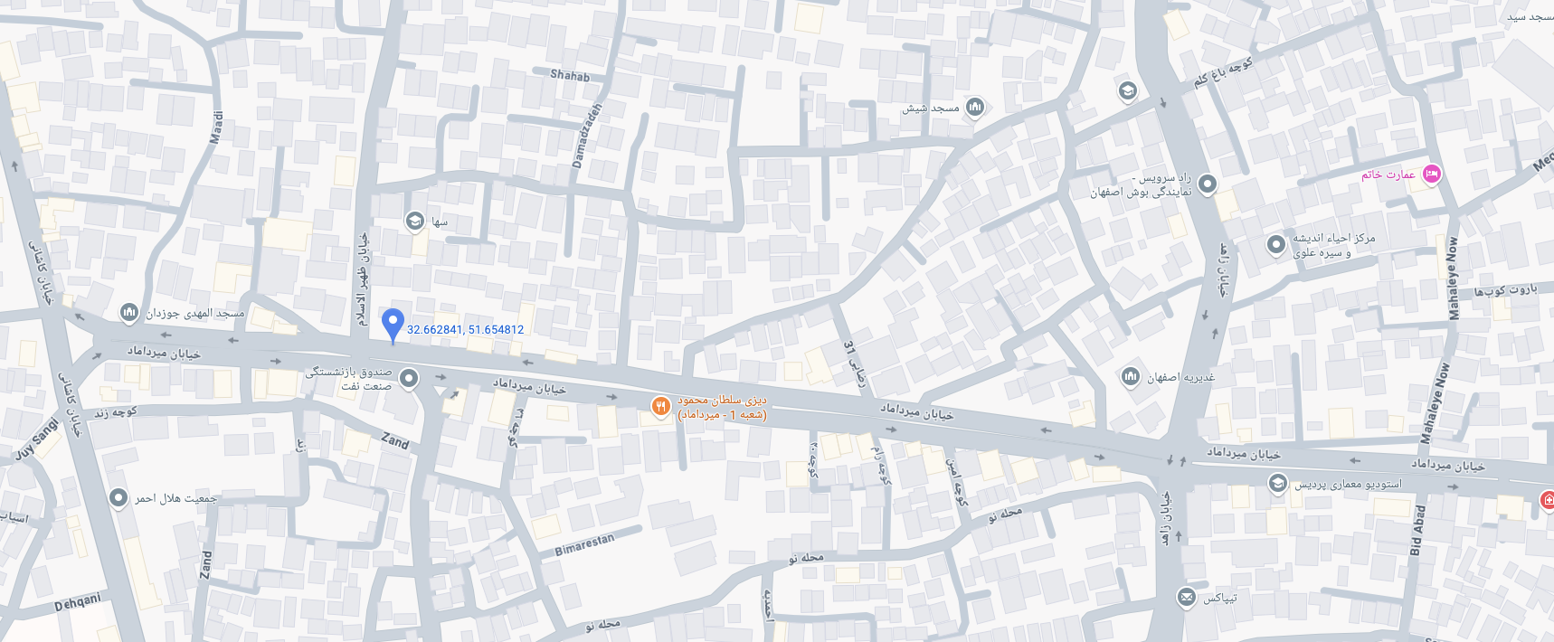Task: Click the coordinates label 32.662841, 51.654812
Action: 465,330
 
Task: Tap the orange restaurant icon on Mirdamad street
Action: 661,407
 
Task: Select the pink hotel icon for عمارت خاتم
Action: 1431,175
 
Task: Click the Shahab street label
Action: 570,75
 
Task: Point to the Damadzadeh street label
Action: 586,136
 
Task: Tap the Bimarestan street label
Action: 584,543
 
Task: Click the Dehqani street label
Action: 78,602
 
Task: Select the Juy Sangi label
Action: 37,439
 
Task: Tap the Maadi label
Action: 216,127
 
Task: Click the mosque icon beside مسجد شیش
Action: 974,109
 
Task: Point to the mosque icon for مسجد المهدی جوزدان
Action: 128,313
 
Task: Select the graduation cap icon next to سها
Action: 414,222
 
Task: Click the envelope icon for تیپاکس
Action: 1186,598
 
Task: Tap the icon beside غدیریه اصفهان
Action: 1130,376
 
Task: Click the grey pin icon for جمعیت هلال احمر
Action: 118,498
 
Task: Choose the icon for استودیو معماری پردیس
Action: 1277,484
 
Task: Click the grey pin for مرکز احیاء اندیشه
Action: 1275,244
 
